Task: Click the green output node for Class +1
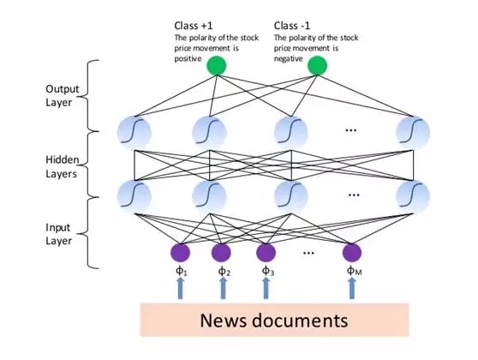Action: pos(217,66)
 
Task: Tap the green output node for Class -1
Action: pos(317,66)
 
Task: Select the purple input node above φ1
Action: pos(180,253)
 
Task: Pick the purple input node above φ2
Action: pos(221,253)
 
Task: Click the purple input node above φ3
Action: pos(266,253)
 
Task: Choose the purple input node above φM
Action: pos(352,253)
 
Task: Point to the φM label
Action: pos(355,271)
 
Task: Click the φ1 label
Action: pos(182,271)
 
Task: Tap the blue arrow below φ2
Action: pos(223,288)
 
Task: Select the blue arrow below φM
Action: pos(352,288)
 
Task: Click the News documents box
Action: pos(274,320)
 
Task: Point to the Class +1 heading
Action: pos(194,26)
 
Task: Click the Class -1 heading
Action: pos(292,26)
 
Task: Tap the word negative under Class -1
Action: pos(288,58)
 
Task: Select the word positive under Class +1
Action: pos(188,58)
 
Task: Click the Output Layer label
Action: pos(62,95)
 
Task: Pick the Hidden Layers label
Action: pos(63,166)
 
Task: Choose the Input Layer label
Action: pos(58,234)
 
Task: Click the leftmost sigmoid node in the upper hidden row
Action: pos(134,133)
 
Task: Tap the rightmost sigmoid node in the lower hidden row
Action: pos(413,196)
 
